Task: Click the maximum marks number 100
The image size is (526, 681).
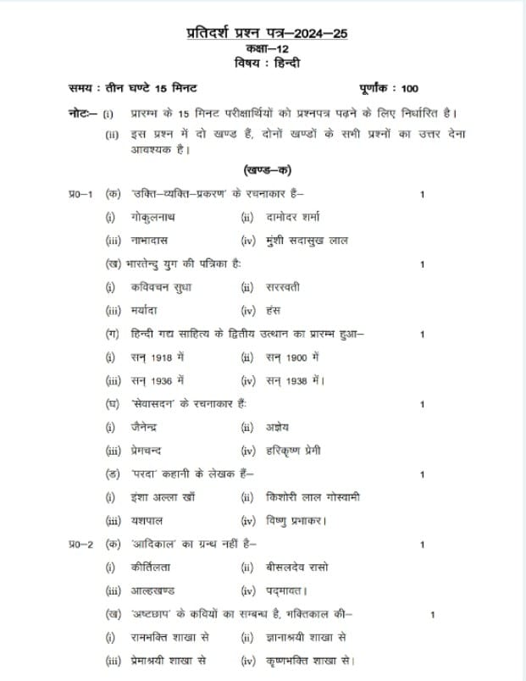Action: coord(409,89)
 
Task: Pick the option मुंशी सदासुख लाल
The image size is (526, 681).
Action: coord(317,241)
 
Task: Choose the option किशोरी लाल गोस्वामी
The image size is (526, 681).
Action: coord(312,497)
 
